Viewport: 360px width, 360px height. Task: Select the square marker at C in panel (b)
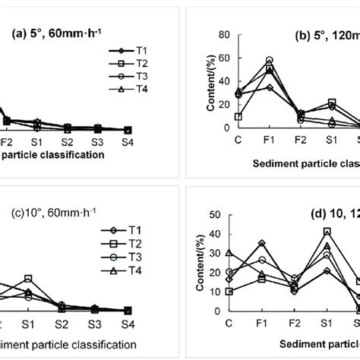(239, 117)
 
